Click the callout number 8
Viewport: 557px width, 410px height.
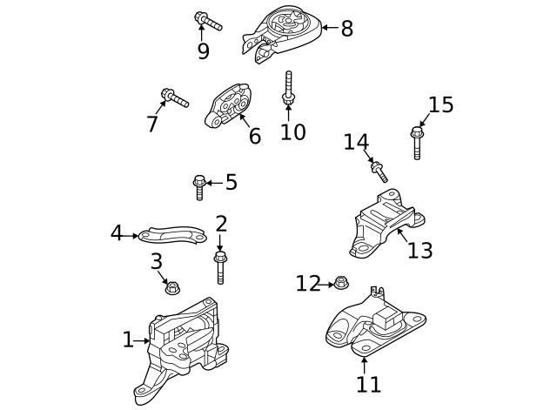[346, 29]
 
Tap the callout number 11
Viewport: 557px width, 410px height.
[367, 384]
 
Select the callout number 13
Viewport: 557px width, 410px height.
[419, 250]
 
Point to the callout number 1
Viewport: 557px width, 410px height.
[128, 339]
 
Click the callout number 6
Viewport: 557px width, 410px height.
[254, 136]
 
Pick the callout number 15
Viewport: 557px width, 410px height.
[440, 105]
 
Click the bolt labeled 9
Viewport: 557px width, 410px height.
[209, 20]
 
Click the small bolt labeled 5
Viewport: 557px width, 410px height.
[199, 185]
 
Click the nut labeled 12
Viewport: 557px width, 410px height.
[341, 282]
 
